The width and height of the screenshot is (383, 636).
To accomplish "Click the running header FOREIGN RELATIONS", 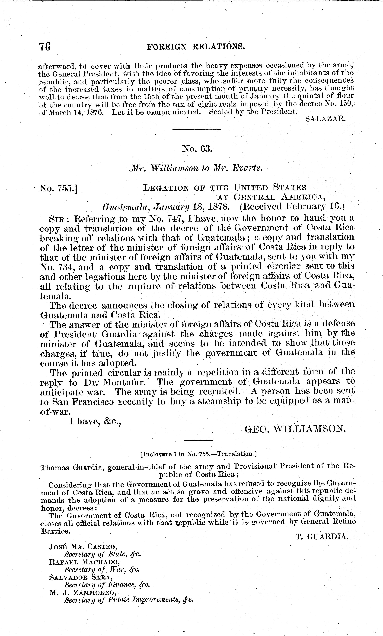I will click(x=196, y=46).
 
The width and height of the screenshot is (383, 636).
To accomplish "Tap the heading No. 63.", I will click(x=197, y=149).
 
